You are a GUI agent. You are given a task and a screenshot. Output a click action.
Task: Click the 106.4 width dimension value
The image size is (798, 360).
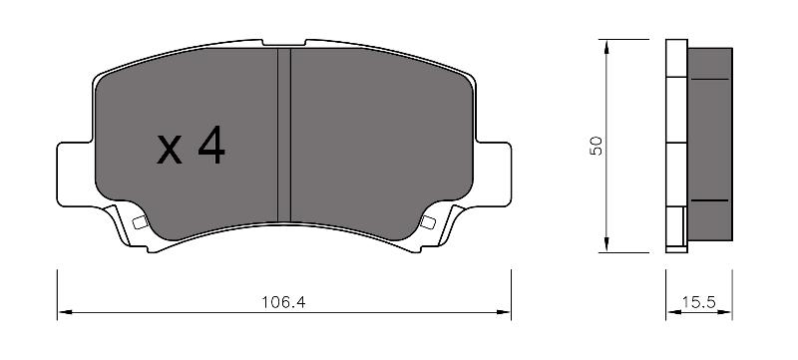[283, 302]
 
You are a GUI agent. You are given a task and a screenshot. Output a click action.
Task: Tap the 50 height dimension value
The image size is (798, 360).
[596, 146]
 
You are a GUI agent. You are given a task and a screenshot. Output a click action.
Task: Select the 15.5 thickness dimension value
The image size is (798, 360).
[699, 302]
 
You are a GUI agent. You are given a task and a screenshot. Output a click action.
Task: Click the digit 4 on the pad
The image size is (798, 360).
[211, 145]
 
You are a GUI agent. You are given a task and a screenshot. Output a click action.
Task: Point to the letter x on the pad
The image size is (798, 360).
[169, 151]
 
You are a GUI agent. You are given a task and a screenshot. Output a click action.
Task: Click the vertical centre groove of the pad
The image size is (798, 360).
[284, 136]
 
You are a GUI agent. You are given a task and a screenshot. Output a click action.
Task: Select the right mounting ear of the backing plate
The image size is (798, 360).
[493, 175]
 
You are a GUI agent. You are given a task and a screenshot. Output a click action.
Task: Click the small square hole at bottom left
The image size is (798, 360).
[140, 222]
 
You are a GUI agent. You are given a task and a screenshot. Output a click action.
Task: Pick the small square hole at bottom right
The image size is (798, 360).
[428, 222]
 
